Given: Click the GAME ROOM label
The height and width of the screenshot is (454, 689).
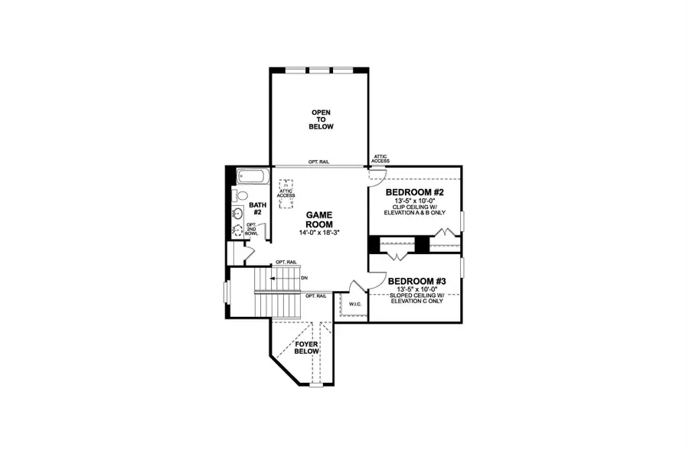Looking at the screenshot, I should [x=318, y=220].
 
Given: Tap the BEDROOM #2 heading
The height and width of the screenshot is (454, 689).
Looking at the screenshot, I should [x=415, y=192].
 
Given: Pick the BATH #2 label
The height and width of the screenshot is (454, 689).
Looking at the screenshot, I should [x=257, y=209].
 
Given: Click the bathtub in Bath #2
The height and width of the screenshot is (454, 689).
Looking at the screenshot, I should [x=250, y=177].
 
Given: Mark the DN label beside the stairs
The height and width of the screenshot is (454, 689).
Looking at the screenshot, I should [x=304, y=277].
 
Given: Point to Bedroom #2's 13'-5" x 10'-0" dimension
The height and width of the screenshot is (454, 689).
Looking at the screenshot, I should [x=415, y=201].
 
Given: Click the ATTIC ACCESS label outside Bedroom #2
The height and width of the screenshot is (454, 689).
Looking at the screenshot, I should [x=381, y=158].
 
